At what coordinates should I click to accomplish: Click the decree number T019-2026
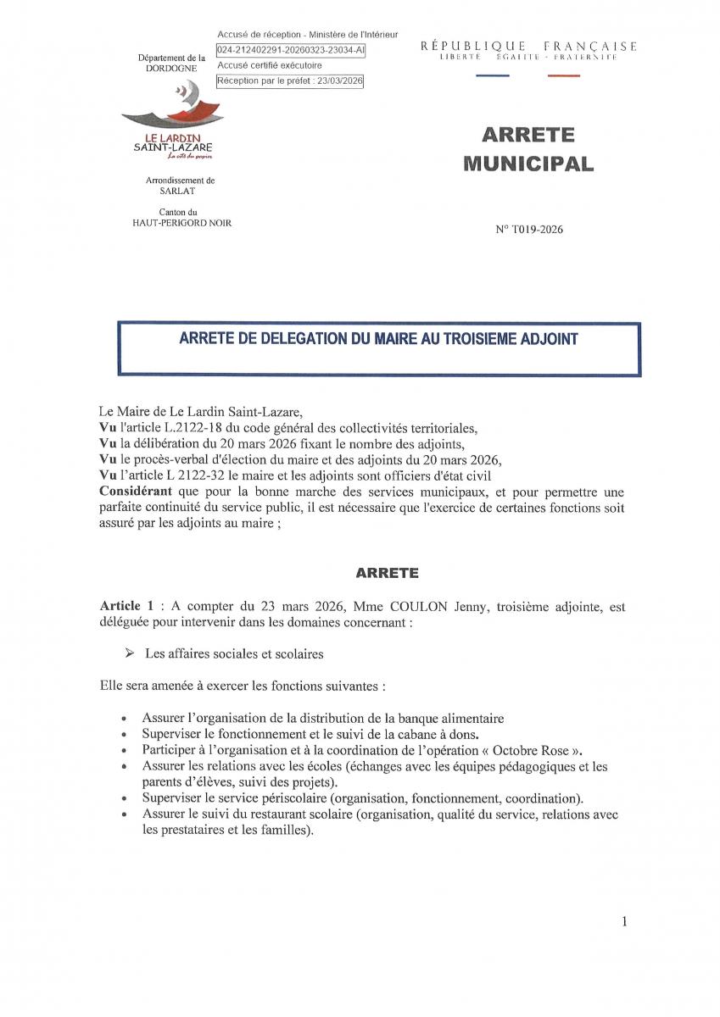point(529,230)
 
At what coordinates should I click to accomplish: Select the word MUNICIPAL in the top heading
point(528,164)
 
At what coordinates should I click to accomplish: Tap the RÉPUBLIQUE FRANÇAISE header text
point(528,46)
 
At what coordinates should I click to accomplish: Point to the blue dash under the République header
point(493,76)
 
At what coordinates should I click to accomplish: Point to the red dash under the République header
point(564,76)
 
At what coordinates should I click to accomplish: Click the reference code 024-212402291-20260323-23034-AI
point(291,50)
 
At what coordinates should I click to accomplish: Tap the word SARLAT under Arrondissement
point(180,192)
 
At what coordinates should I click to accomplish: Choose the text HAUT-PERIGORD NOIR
point(181,222)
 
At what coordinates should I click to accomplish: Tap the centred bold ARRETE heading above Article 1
point(387,573)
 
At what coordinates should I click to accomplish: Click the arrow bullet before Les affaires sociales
point(130,653)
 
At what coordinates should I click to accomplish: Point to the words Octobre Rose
point(529,750)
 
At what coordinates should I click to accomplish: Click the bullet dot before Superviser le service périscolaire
point(126,798)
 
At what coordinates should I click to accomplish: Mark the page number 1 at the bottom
point(624,922)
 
